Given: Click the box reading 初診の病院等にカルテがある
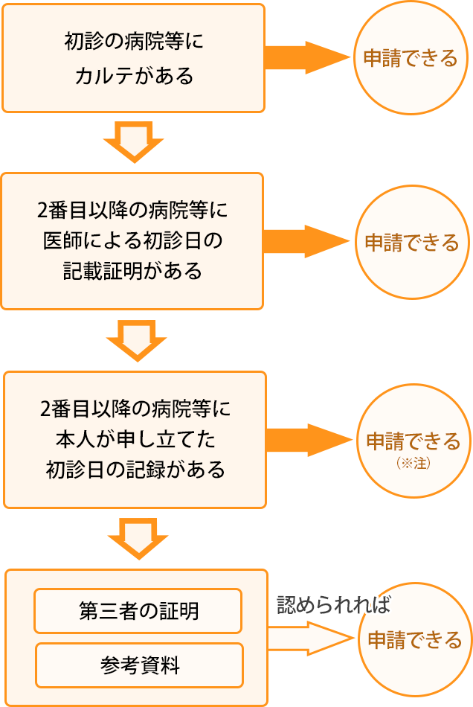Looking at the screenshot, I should (133, 58).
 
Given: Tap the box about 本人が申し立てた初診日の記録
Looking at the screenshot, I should (135, 439).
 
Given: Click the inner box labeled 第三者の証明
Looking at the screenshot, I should (138, 611).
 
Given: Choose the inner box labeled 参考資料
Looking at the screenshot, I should (139, 665).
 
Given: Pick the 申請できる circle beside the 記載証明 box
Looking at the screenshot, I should (411, 243).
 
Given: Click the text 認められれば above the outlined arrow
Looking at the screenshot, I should (334, 604).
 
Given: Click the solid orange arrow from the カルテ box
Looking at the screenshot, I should (306, 58).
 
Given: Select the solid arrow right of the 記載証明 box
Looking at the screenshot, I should (306, 241).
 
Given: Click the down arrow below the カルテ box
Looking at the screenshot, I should (133, 141).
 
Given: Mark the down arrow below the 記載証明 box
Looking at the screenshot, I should (136, 340).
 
